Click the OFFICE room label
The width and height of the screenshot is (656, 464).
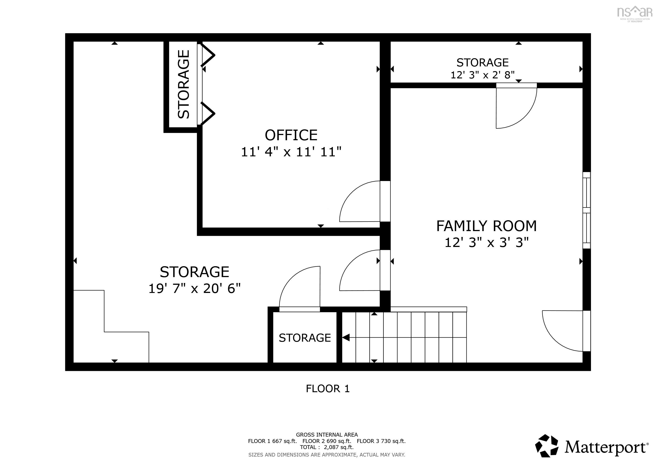(x=291, y=135)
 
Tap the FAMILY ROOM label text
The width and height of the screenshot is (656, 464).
(x=486, y=226)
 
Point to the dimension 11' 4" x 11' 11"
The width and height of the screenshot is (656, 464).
(x=291, y=152)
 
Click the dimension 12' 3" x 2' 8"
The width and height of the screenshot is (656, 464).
(x=482, y=75)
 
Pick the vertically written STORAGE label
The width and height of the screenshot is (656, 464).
(x=183, y=84)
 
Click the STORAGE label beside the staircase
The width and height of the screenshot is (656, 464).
(x=305, y=338)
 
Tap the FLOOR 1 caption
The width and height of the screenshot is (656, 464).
(x=328, y=389)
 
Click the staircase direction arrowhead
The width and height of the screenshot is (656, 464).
(x=346, y=338)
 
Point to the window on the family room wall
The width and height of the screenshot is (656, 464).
(x=586, y=210)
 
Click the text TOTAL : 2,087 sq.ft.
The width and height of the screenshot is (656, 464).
(x=327, y=447)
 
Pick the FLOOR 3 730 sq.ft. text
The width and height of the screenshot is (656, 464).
(x=381, y=441)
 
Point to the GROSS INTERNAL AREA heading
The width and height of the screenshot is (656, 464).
(x=327, y=435)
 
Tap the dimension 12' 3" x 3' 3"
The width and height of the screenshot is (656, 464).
(x=487, y=243)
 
